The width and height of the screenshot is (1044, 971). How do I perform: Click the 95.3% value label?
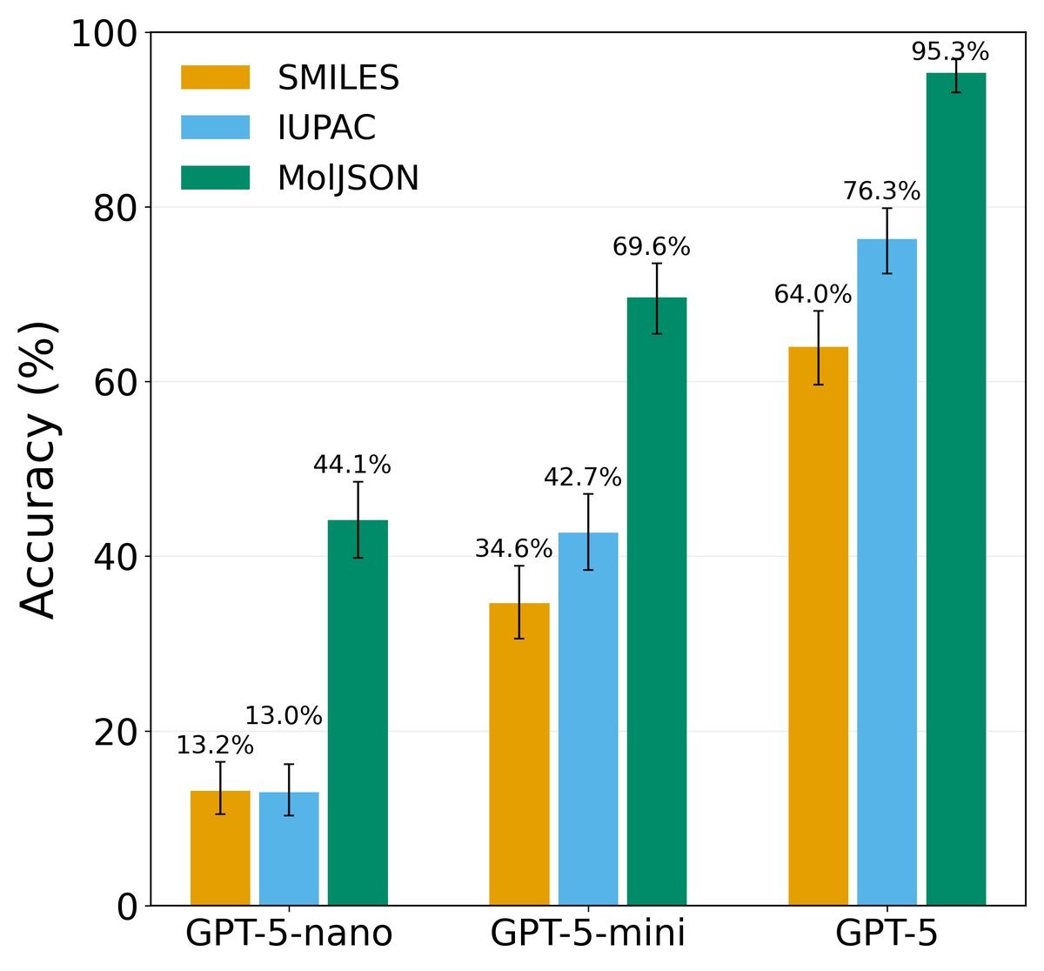[x=950, y=51]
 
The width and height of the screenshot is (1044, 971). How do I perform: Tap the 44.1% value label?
[x=352, y=465]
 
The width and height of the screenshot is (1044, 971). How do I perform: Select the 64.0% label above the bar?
[x=813, y=294]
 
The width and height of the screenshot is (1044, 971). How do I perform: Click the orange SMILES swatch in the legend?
[x=216, y=77]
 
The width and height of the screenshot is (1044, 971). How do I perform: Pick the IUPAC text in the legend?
[x=327, y=127]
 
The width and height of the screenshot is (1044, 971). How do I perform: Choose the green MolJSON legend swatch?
[x=216, y=177]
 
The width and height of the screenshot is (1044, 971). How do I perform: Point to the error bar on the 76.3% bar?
[x=887, y=241]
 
